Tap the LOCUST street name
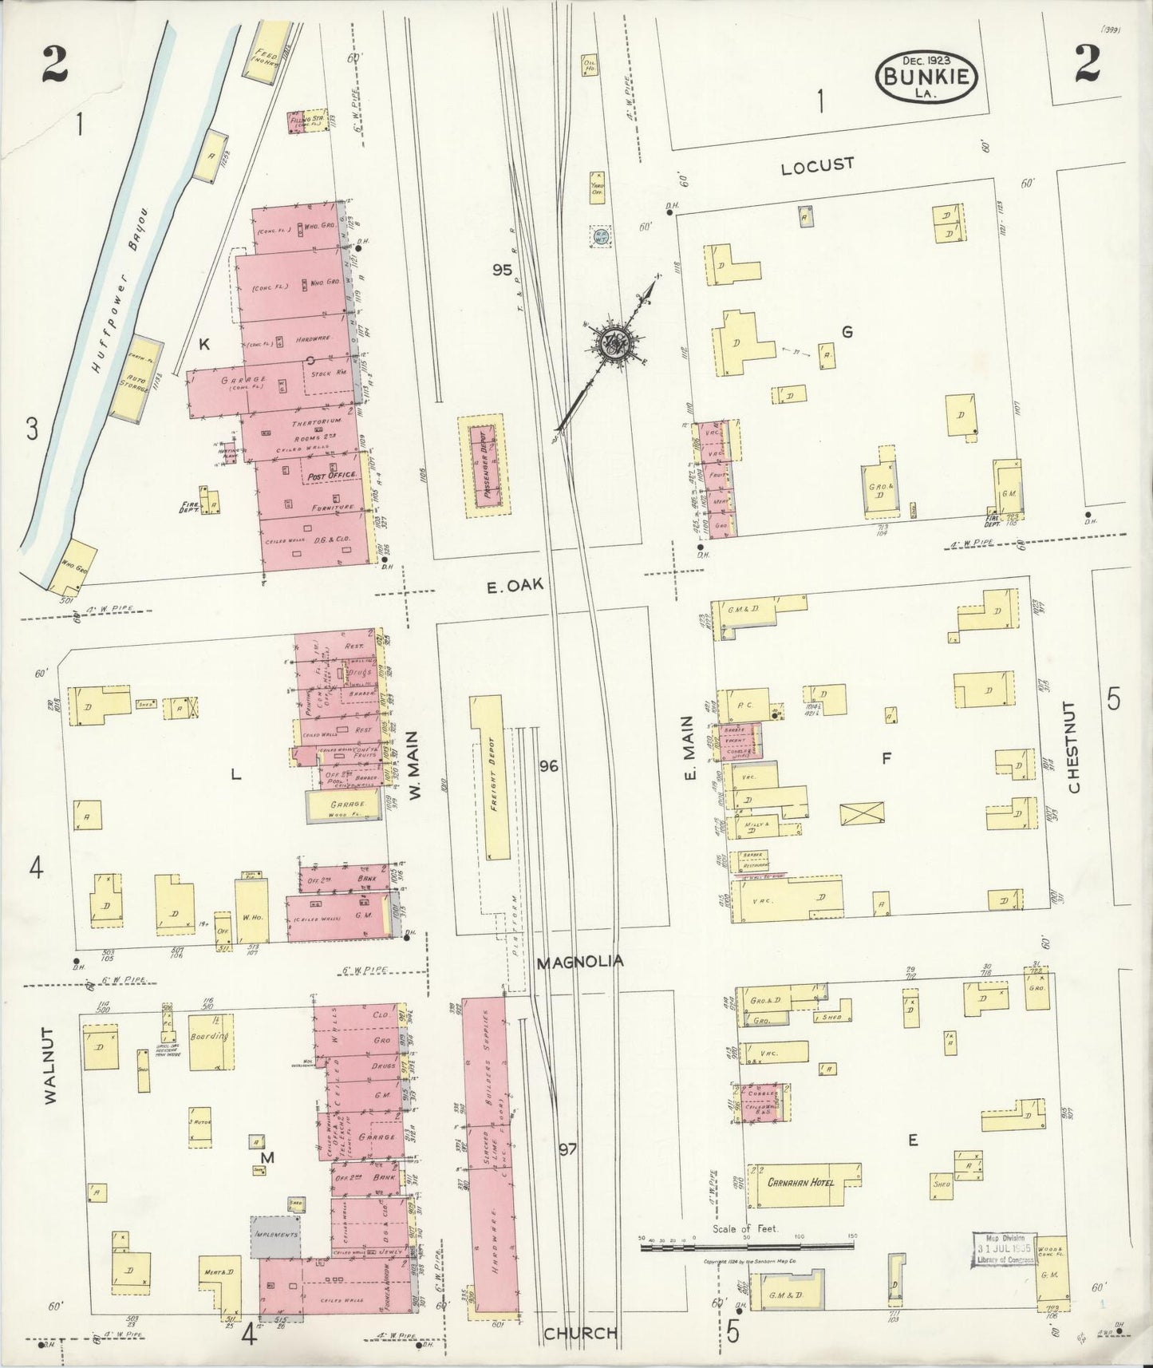[x=817, y=164]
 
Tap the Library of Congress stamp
[x=1004, y=1249]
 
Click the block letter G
[x=847, y=332]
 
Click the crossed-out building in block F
[x=863, y=813]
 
